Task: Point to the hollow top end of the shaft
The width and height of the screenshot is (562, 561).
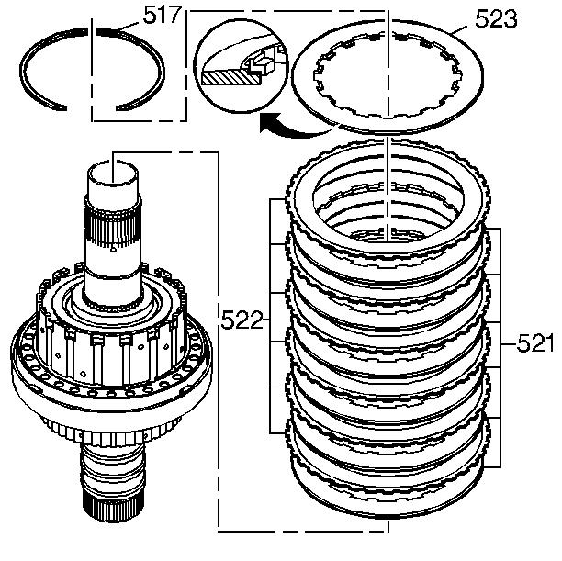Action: click(x=113, y=169)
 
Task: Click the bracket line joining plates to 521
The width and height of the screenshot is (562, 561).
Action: click(x=500, y=344)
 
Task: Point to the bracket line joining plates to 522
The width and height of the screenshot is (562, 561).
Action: click(x=270, y=320)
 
